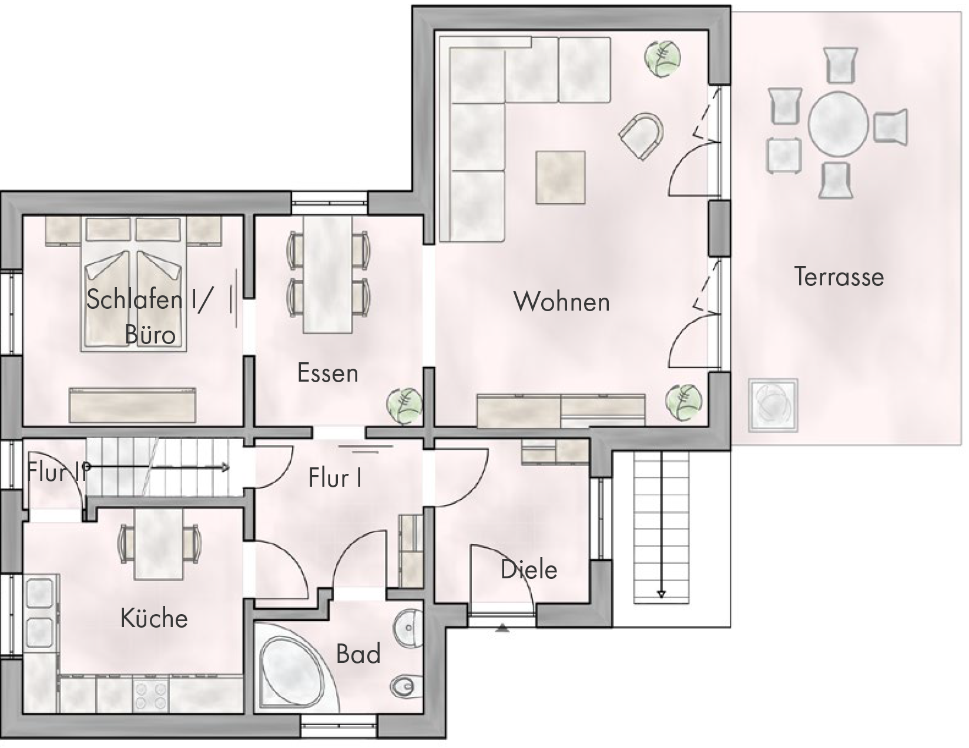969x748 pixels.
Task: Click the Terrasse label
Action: point(839,277)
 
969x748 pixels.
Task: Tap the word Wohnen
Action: point(562,302)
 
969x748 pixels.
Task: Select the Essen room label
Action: point(328,373)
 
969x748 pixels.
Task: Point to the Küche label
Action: point(154,618)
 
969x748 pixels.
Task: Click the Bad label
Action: point(358,654)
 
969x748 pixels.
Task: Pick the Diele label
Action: point(529,570)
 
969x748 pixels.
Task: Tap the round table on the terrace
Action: point(839,124)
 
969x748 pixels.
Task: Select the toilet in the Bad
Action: point(407,686)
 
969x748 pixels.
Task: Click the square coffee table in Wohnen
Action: point(561,177)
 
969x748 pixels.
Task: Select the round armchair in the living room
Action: point(641,136)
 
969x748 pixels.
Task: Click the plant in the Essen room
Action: point(404,406)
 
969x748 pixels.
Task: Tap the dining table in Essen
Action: point(328,275)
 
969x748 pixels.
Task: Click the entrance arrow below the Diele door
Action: point(502,629)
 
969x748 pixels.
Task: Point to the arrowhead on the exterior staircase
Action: point(661,594)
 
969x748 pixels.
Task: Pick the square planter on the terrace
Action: point(773,405)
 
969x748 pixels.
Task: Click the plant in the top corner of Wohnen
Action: point(662,58)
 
